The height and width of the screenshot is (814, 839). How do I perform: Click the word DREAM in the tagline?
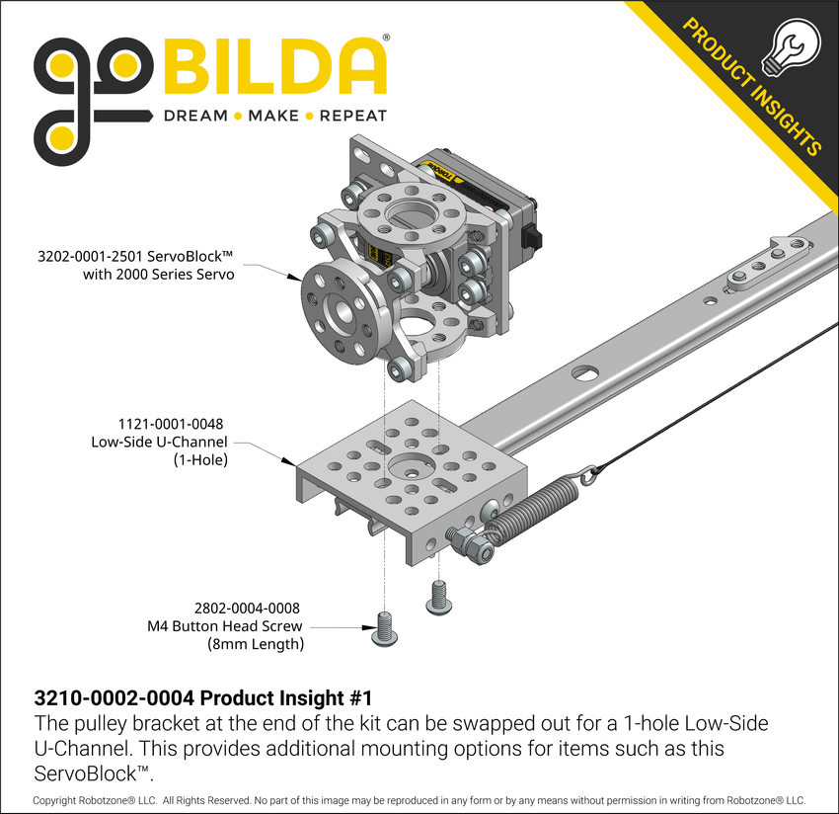194,116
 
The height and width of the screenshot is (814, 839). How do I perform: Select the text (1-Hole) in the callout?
200,459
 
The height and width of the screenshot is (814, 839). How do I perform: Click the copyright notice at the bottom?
419,799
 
